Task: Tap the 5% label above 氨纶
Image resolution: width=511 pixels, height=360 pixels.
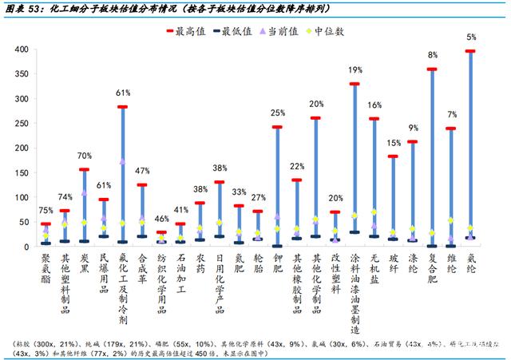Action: (472, 38)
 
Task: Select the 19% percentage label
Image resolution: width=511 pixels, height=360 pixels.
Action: (355, 70)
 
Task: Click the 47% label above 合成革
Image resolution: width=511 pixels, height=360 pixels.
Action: (142, 172)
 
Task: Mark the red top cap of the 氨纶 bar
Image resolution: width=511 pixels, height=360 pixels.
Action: (472, 51)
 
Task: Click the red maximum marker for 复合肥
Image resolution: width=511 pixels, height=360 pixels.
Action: (433, 69)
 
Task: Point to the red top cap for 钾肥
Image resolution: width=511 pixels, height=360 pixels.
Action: (277, 128)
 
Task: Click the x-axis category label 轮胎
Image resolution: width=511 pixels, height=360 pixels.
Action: (258, 264)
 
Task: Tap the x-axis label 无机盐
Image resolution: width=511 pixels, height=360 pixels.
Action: (374, 269)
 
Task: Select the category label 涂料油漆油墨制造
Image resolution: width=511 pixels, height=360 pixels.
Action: (355, 288)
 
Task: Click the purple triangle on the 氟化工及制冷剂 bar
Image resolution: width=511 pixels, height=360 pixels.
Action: (123, 161)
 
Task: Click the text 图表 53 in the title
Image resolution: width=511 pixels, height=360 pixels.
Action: (26, 8)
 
